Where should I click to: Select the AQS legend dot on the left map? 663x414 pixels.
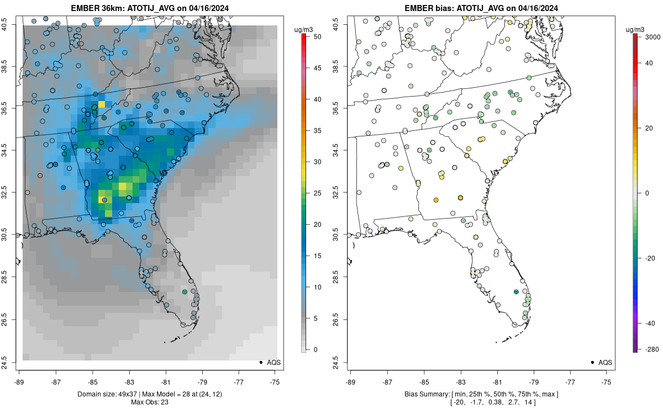pos(260,362)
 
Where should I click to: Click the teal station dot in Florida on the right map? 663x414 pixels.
pos(516,291)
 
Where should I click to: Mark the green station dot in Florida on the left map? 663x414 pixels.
pos(185,291)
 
